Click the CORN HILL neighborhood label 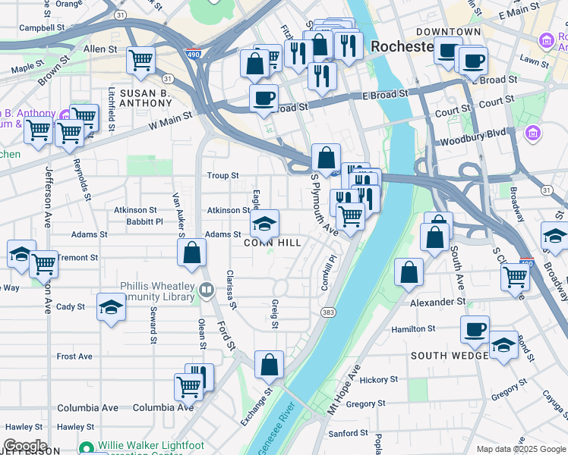click(x=273, y=243)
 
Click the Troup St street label click(x=223, y=176)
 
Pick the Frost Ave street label click(x=74, y=356)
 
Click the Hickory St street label click(x=374, y=379)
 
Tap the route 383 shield click(x=328, y=312)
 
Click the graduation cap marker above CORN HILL click(x=265, y=224)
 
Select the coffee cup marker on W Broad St click(x=263, y=98)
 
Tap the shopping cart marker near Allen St click(x=141, y=61)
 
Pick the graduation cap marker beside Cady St click(x=111, y=307)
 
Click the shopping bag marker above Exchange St click(x=270, y=365)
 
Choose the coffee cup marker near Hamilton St click(x=475, y=330)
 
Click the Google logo click(x=24, y=447)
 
